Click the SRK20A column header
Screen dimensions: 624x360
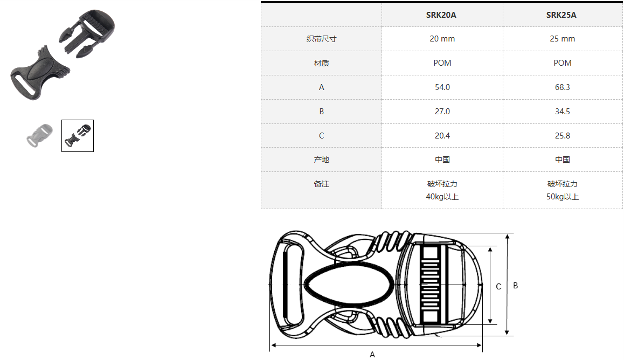pos(441,15)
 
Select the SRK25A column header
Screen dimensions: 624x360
pos(561,15)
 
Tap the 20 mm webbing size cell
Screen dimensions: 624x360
pos(442,39)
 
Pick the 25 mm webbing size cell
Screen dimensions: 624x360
pos(563,39)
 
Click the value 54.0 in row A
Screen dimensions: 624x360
pos(442,87)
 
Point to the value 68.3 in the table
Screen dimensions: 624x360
pos(563,87)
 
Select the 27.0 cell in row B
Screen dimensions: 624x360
pos(442,112)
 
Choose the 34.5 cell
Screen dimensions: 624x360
pos(563,112)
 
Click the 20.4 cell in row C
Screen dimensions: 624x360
pos(442,136)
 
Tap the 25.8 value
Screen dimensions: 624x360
pos(563,136)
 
